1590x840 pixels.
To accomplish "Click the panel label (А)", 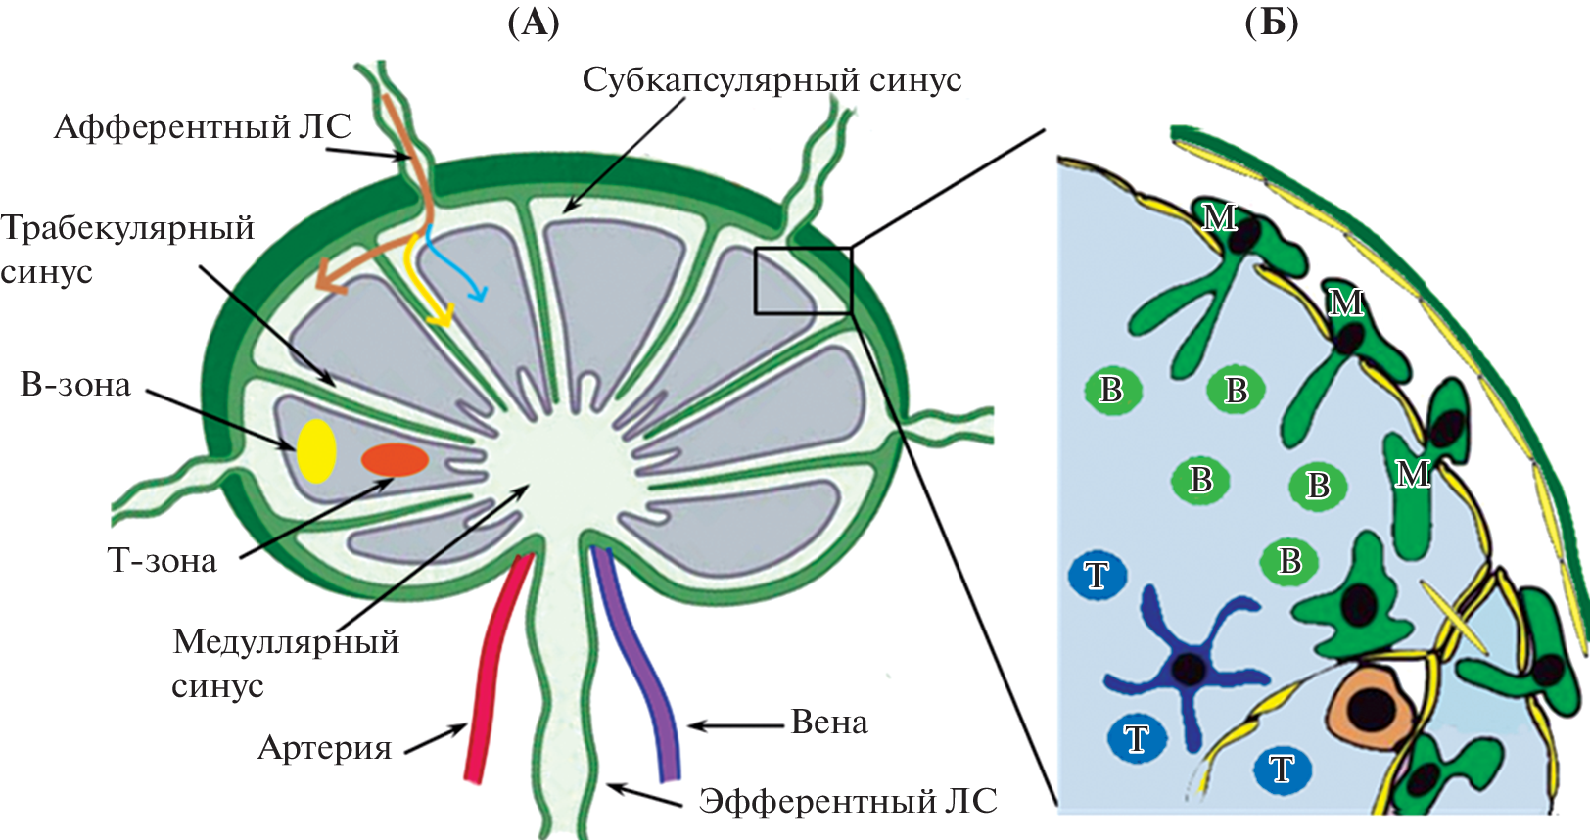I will point(534,22).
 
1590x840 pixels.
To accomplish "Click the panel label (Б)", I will point(1272,22).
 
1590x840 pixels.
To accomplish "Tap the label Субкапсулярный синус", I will point(772,80).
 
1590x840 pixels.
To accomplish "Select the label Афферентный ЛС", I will point(202,127).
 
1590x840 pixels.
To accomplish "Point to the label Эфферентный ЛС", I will point(848,801).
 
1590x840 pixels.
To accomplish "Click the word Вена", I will point(829,723).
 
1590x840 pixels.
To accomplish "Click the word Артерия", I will point(324,748).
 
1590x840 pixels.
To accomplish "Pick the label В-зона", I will point(75,385).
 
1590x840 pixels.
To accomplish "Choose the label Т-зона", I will point(162,561).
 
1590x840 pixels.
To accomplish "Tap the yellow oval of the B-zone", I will point(316,450).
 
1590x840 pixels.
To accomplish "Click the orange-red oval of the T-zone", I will point(395,460).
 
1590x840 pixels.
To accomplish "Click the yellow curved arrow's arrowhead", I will point(444,317).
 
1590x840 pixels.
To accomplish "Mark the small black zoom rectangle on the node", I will point(803,281).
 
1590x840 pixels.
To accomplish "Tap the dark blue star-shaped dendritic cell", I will point(1188,669).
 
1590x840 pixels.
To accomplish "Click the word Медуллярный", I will point(286,642).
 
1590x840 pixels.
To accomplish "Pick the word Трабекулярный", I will point(127,228).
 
